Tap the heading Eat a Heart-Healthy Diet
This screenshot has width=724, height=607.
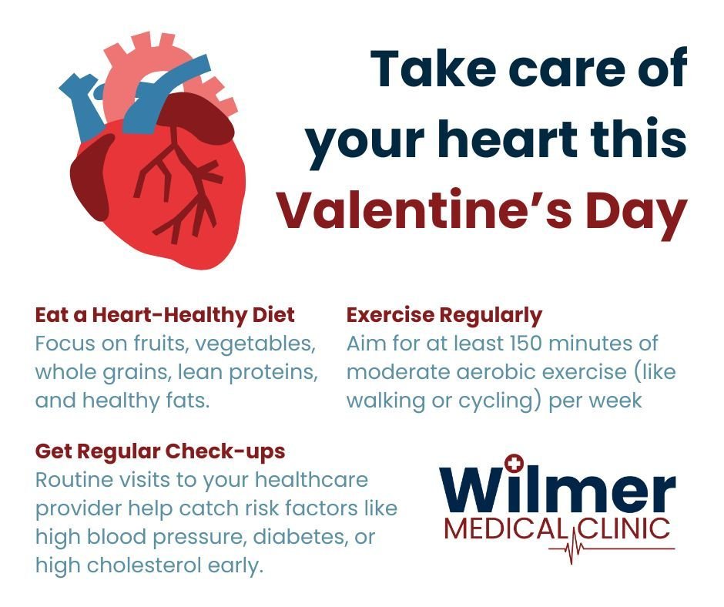165,315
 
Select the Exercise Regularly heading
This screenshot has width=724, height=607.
444,315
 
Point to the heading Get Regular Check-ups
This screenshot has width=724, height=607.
159,451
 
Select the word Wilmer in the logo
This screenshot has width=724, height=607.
557,488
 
